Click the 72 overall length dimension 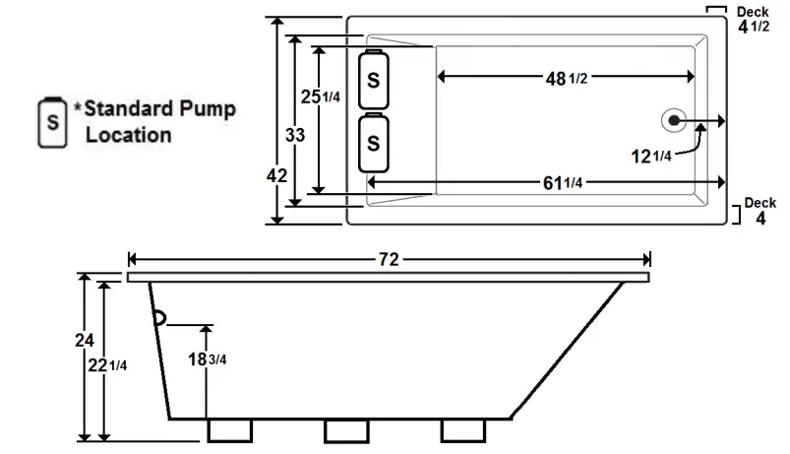point(389,260)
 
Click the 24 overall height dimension point(85,340)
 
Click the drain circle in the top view point(674,120)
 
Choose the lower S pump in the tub point(374,143)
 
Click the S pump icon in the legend point(51,123)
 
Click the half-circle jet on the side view point(159,316)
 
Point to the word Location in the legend point(128,135)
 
